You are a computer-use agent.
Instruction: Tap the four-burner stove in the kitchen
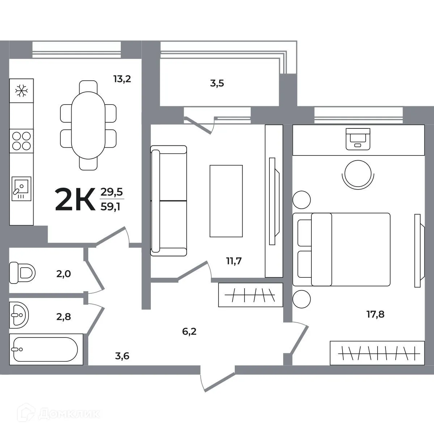[x=21, y=141]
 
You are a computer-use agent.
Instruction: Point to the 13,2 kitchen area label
[x=122, y=79]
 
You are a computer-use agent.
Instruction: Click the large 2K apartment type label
[x=75, y=199]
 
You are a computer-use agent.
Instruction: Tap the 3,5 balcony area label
[x=217, y=84]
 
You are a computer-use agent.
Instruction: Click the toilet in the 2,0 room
[x=22, y=273]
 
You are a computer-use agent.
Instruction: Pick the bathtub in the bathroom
[x=45, y=349]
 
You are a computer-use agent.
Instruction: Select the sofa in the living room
[x=168, y=201]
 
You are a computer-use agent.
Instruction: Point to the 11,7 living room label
[x=234, y=261]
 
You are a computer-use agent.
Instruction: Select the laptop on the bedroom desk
[x=358, y=139]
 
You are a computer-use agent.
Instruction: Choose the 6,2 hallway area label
[x=189, y=331]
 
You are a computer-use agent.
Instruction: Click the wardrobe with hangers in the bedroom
[x=377, y=352]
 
